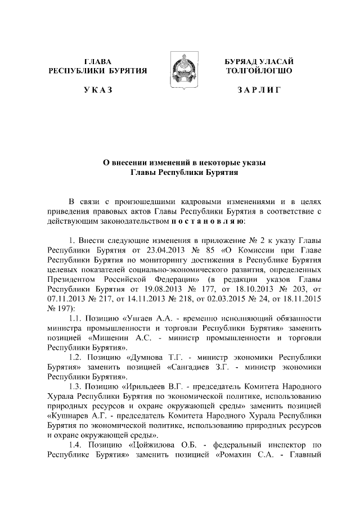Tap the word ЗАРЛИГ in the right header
coord(259,90)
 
